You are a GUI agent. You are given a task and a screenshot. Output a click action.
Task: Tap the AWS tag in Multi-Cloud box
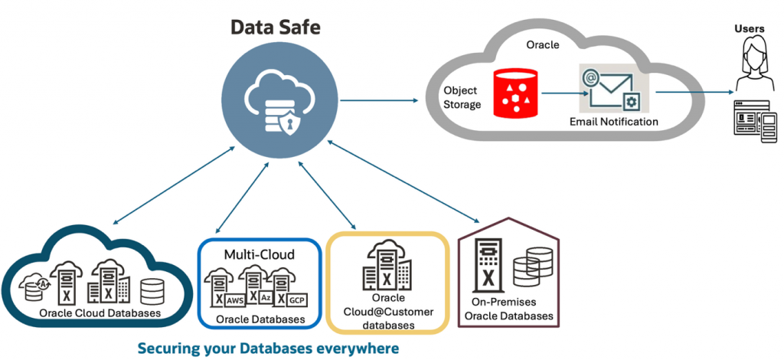tap(235, 299)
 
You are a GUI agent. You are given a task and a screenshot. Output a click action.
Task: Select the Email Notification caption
tap(613, 122)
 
